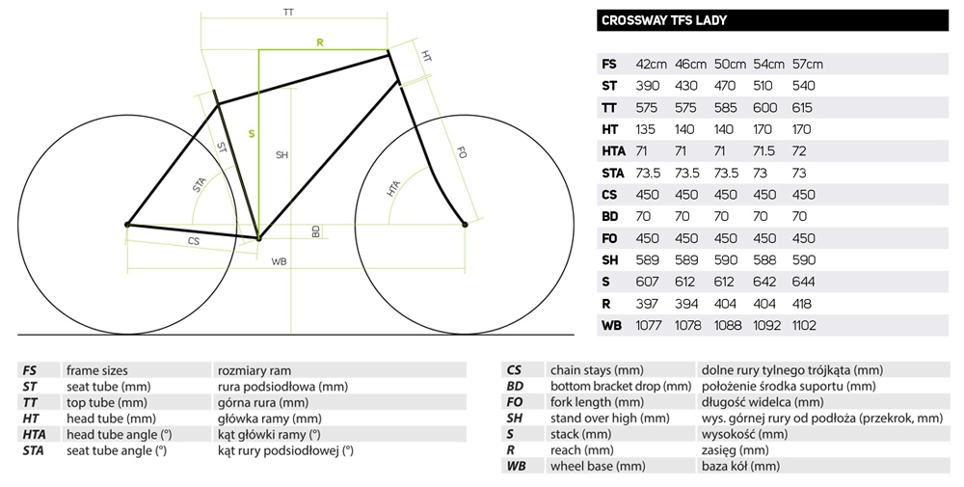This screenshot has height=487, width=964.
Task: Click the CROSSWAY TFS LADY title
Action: click(664, 20)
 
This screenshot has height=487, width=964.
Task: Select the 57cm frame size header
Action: click(807, 64)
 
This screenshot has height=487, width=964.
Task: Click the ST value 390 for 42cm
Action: click(648, 86)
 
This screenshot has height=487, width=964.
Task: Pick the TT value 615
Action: click(802, 108)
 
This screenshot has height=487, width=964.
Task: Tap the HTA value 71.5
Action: click(764, 151)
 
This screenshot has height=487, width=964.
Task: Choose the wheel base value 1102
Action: click(804, 325)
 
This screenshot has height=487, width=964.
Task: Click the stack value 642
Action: click(764, 282)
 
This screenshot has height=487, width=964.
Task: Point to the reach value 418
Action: click(802, 304)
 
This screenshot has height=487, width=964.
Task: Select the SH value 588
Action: click(764, 260)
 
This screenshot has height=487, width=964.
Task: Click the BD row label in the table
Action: click(610, 216)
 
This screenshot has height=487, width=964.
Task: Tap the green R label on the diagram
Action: click(320, 42)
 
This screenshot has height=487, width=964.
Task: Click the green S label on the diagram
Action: click(252, 133)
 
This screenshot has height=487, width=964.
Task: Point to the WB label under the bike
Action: click(280, 262)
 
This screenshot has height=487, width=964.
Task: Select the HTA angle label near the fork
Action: click(393, 188)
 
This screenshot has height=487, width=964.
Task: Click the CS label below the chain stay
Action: click(194, 241)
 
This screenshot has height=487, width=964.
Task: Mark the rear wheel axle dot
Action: click(128, 225)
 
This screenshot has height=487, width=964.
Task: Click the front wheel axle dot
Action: click(465, 225)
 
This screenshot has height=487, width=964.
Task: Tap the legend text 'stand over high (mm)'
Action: click(610, 419)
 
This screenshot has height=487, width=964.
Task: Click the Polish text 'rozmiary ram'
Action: click(254, 370)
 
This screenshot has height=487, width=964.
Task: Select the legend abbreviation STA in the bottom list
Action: click(33, 450)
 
